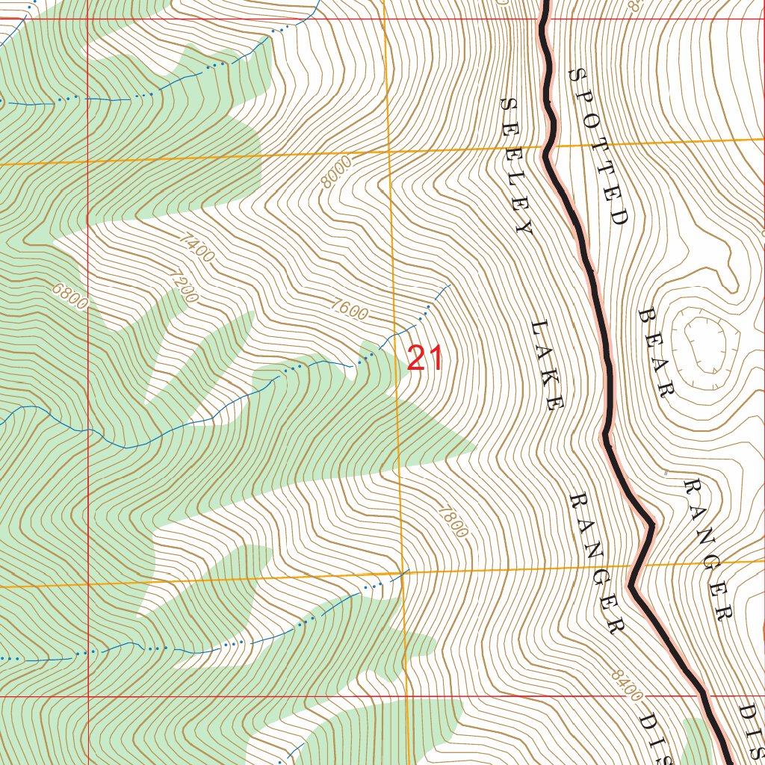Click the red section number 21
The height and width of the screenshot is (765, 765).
pos(425,359)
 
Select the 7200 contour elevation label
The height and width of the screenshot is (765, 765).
pos(183,285)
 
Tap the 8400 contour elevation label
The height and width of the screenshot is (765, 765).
pos(626,685)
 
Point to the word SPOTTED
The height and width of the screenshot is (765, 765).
pos(598,146)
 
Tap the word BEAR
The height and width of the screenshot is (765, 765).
pos(657,351)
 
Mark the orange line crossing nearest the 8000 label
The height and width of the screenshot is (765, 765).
pos(389,152)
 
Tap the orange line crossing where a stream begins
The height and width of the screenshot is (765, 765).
pos(403,573)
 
